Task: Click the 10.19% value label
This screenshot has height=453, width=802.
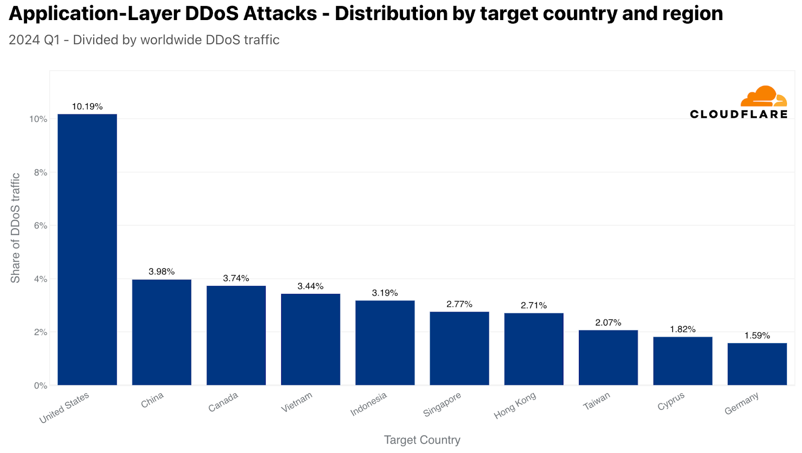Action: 87,106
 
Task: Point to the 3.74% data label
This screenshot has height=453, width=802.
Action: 236,278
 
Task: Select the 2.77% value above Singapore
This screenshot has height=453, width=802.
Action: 459,304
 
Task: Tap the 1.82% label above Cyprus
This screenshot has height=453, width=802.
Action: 683,329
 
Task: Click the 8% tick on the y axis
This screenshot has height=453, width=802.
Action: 41,173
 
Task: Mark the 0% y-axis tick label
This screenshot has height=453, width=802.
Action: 41,385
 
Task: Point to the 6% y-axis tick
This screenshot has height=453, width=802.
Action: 41,226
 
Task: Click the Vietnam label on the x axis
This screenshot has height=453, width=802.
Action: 297,402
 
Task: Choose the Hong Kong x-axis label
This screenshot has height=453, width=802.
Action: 515,405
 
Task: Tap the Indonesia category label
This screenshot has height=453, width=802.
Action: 368,404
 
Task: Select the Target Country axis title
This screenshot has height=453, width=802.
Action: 422,440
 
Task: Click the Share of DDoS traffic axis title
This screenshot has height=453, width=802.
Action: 16,228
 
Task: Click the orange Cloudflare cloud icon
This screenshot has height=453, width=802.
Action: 763,96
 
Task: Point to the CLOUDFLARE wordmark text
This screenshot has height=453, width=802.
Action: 738,114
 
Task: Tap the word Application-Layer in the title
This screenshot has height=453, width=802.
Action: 94,14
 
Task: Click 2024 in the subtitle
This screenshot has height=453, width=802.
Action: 24,40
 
